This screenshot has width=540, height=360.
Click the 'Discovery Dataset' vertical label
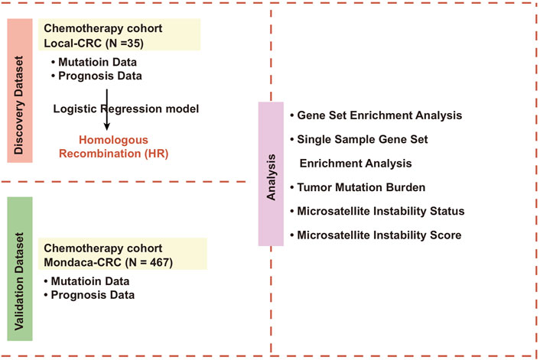[19, 105]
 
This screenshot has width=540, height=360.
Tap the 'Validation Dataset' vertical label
[19, 281]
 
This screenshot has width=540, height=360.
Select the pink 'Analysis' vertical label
[271, 177]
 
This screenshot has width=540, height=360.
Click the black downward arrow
[107, 109]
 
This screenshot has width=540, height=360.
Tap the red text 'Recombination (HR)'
[114, 154]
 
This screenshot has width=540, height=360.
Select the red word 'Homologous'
[114, 140]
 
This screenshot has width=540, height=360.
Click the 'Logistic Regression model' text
[126, 109]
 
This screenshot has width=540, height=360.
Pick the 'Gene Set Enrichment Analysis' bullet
[376, 115]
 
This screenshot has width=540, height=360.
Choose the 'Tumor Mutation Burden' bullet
[357, 187]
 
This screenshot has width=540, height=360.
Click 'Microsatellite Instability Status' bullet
[377, 211]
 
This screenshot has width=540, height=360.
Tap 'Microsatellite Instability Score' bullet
[376, 235]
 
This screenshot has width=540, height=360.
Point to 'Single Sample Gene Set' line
[359, 139]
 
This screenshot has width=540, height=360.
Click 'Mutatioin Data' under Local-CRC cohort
[94, 62]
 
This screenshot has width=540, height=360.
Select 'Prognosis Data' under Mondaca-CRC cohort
[89, 295]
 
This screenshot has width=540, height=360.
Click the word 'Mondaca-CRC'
[83, 262]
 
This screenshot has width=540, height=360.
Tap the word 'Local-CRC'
[73, 44]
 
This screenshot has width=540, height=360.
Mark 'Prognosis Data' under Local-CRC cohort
[96, 76]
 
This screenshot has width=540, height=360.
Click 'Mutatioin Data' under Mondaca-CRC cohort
[86, 281]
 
